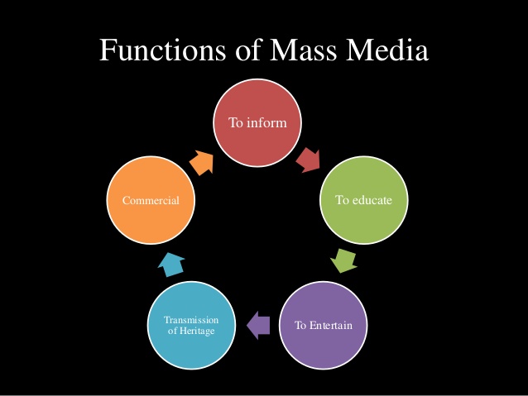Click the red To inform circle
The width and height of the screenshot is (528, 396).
258,123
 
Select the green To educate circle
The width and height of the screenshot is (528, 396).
363,200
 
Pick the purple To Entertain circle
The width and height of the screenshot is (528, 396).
324,324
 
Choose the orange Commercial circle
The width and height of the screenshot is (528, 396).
151,200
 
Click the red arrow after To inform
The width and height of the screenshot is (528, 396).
309,159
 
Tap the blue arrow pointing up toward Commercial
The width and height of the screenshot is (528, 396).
171,264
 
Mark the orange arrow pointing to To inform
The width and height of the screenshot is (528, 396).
202,161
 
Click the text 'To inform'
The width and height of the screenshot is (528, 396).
258,123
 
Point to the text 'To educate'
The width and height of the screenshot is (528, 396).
363,200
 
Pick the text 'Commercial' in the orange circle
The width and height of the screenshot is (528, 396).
151,200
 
